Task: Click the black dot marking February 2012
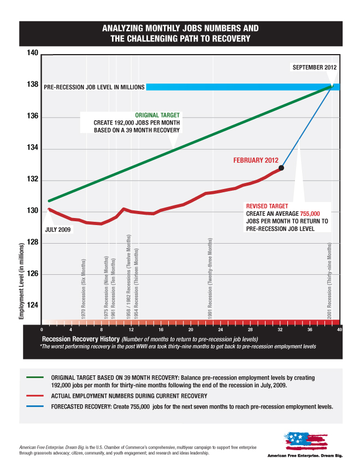pyautogui.click(x=281, y=168)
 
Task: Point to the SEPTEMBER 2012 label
pyautogui.click(x=315, y=67)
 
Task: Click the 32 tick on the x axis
pyautogui.click(x=280, y=329)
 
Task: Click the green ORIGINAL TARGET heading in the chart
pyautogui.click(x=159, y=115)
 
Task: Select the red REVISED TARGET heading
pyautogui.click(x=265, y=207)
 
